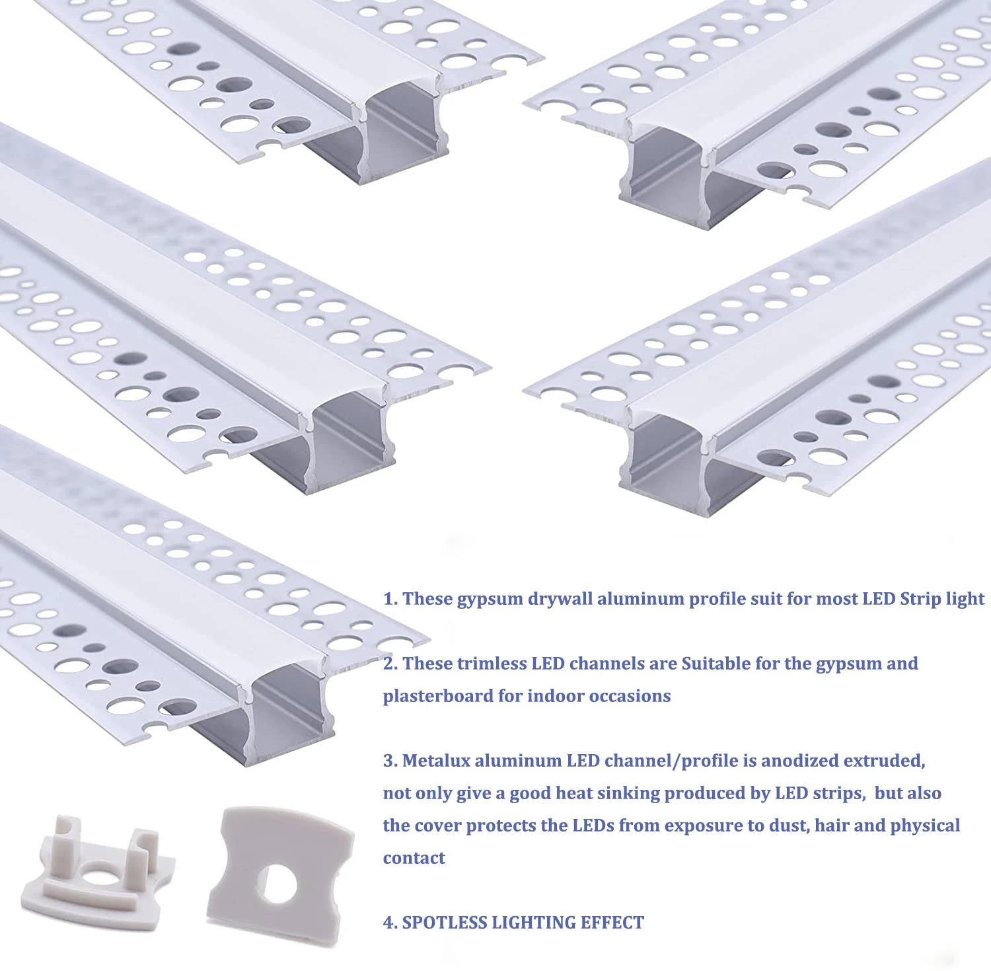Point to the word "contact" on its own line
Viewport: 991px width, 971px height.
[x=414, y=858]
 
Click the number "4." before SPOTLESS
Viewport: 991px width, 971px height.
[x=390, y=923]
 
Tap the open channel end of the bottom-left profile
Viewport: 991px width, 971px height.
[x=287, y=711]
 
